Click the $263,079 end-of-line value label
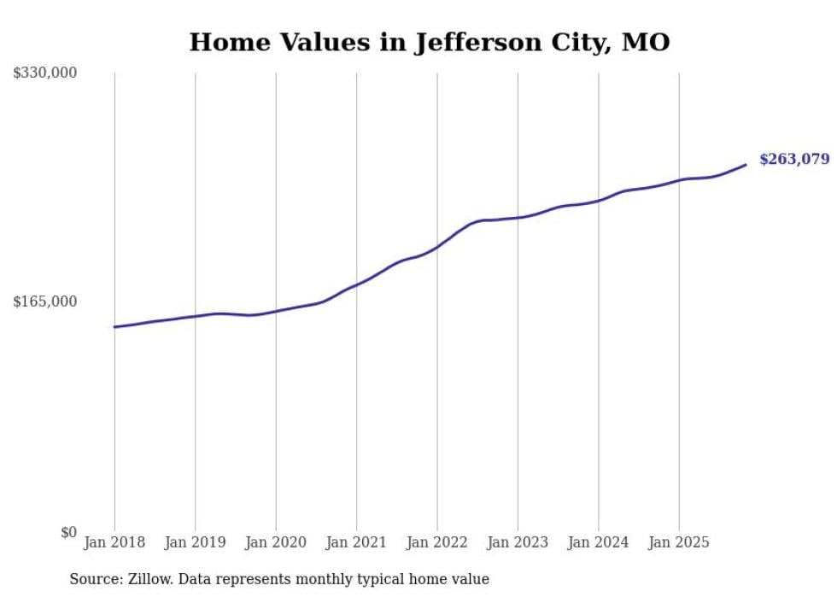793,159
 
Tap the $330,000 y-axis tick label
45,73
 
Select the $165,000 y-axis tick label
45,301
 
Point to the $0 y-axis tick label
68,532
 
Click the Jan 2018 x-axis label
114,542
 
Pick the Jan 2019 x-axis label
195,542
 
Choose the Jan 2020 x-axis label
276,542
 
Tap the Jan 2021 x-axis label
356,542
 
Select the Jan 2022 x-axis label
437,542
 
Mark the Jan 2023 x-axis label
518,542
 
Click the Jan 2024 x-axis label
599,542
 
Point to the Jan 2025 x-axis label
679,542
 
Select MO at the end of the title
646,42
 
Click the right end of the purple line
746,165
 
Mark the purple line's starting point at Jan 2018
114,326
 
